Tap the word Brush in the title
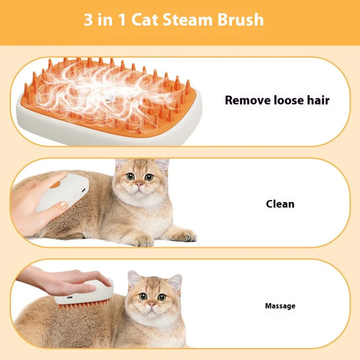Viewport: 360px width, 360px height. tap(241, 20)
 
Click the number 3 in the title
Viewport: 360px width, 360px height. tap(88, 20)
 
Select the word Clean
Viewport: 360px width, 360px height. tap(280, 203)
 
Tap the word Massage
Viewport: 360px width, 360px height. tap(280, 306)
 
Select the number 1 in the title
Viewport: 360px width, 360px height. tap(128, 20)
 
